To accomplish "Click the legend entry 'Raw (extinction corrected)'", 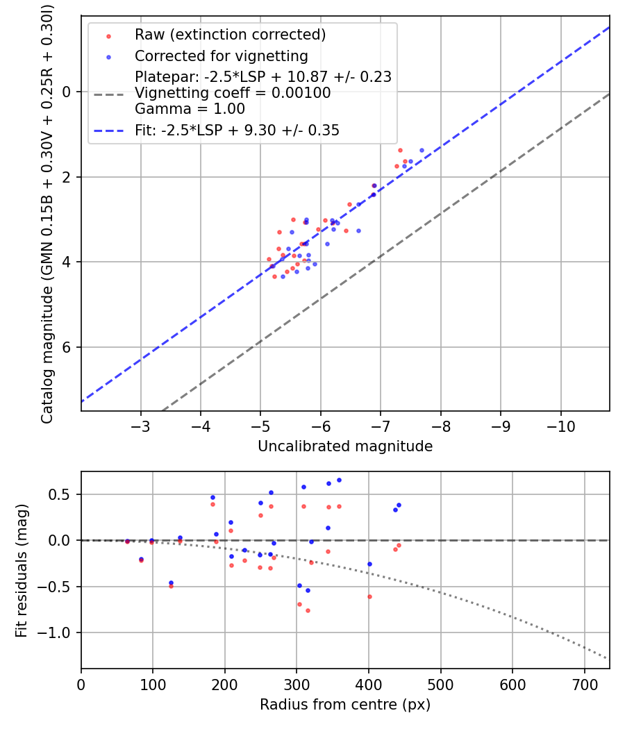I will point(230,35).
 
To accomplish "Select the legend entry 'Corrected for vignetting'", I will point(222,56).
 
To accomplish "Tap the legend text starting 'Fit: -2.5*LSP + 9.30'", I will point(237,130).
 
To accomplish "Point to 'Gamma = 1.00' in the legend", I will point(190,109).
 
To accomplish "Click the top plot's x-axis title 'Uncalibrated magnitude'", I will point(345,446).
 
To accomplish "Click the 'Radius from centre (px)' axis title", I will point(345,705).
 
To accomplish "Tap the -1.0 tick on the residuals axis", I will point(58,632).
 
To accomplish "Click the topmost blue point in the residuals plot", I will point(339,480).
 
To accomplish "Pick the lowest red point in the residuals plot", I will point(308,610).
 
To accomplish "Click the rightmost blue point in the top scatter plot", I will point(422,150).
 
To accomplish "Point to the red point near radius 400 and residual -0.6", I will point(369,596).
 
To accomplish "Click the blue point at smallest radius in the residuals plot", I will point(127,541).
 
